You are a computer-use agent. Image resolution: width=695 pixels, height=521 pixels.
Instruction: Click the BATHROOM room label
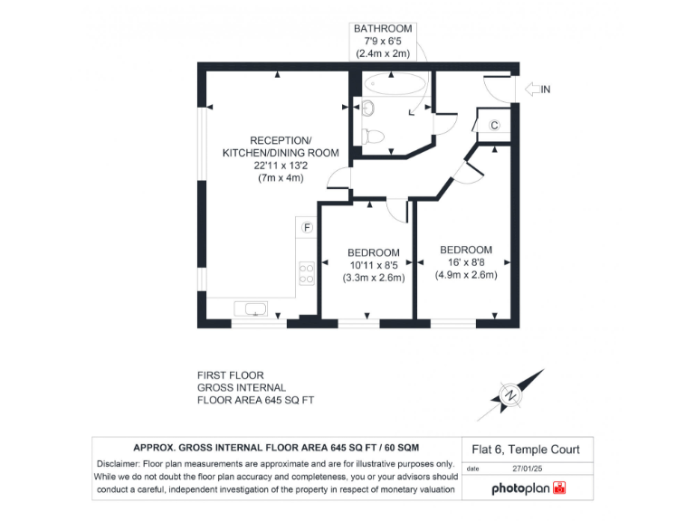(383, 29)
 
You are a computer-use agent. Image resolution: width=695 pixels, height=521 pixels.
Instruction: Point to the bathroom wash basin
(367, 109)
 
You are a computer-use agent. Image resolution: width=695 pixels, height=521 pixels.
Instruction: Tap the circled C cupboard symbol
(495, 125)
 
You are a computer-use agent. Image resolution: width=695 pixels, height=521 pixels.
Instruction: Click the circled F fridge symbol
(308, 226)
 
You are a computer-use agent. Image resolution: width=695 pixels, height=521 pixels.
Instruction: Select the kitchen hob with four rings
(307, 272)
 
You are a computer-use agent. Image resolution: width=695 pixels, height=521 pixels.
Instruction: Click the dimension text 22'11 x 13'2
(281, 166)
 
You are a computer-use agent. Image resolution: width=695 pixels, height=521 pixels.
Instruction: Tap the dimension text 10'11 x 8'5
(374, 265)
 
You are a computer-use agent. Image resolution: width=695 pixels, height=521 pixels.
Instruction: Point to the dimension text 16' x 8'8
(466, 262)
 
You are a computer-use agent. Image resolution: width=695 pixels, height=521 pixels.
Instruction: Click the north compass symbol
(511, 394)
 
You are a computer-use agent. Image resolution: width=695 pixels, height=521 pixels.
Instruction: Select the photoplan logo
(528, 488)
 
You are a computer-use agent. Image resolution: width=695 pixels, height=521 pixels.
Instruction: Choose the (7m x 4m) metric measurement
(281, 178)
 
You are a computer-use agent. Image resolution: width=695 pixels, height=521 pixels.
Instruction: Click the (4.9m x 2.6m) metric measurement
(466, 275)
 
